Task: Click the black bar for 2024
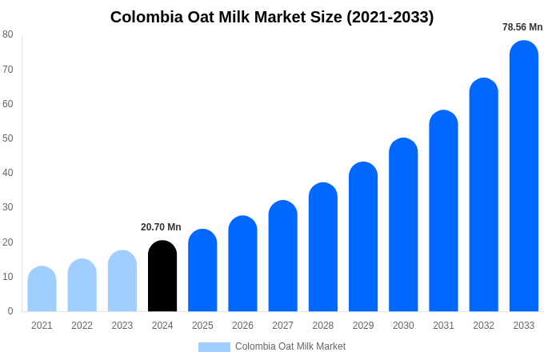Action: pyautogui.click(x=162, y=276)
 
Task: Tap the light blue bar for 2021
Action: pyautogui.click(x=42, y=289)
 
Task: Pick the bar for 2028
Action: pyautogui.click(x=323, y=247)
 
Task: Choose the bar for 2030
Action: pyautogui.click(x=403, y=225)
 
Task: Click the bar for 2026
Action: pyautogui.click(x=242, y=264)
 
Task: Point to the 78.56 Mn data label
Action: pyautogui.click(x=522, y=27)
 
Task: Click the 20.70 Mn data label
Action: pyautogui.click(x=161, y=227)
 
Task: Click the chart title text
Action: pyautogui.click(x=272, y=17)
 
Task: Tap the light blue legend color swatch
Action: pyautogui.click(x=214, y=347)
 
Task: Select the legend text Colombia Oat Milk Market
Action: pyautogui.click(x=290, y=346)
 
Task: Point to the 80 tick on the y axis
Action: pyautogui.click(x=8, y=34)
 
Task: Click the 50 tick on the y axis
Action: pyautogui.click(x=8, y=138)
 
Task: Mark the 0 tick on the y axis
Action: pyautogui.click(x=10, y=311)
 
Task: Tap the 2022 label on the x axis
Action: pyautogui.click(x=82, y=326)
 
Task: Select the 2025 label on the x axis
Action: pyautogui.click(x=202, y=326)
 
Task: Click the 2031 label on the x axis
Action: pyautogui.click(x=443, y=326)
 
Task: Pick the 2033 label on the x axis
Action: pyautogui.click(x=523, y=326)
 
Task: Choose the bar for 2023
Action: pyautogui.click(x=122, y=281)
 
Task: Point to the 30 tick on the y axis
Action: pyautogui.click(x=8, y=207)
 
